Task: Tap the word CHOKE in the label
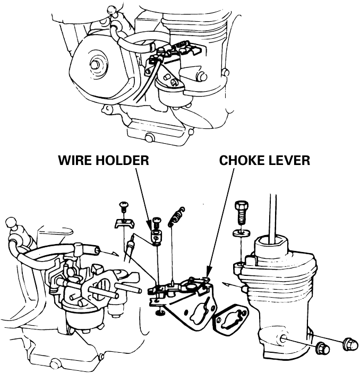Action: pos(245,160)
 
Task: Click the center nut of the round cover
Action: pos(96,64)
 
